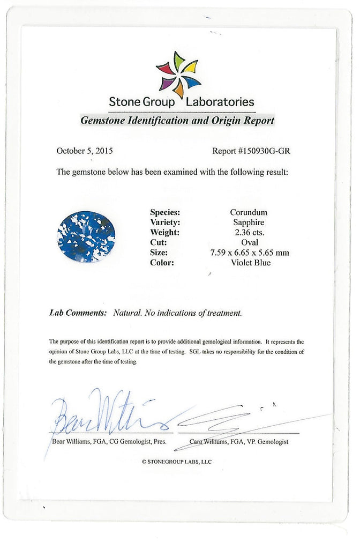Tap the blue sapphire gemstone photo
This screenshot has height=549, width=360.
(x=86, y=236)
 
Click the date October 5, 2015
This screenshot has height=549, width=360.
(x=85, y=151)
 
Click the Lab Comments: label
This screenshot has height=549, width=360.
(x=78, y=313)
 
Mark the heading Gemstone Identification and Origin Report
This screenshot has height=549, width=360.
(x=177, y=121)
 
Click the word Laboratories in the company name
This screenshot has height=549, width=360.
(x=220, y=101)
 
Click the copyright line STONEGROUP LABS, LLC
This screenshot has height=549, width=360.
(x=177, y=462)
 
